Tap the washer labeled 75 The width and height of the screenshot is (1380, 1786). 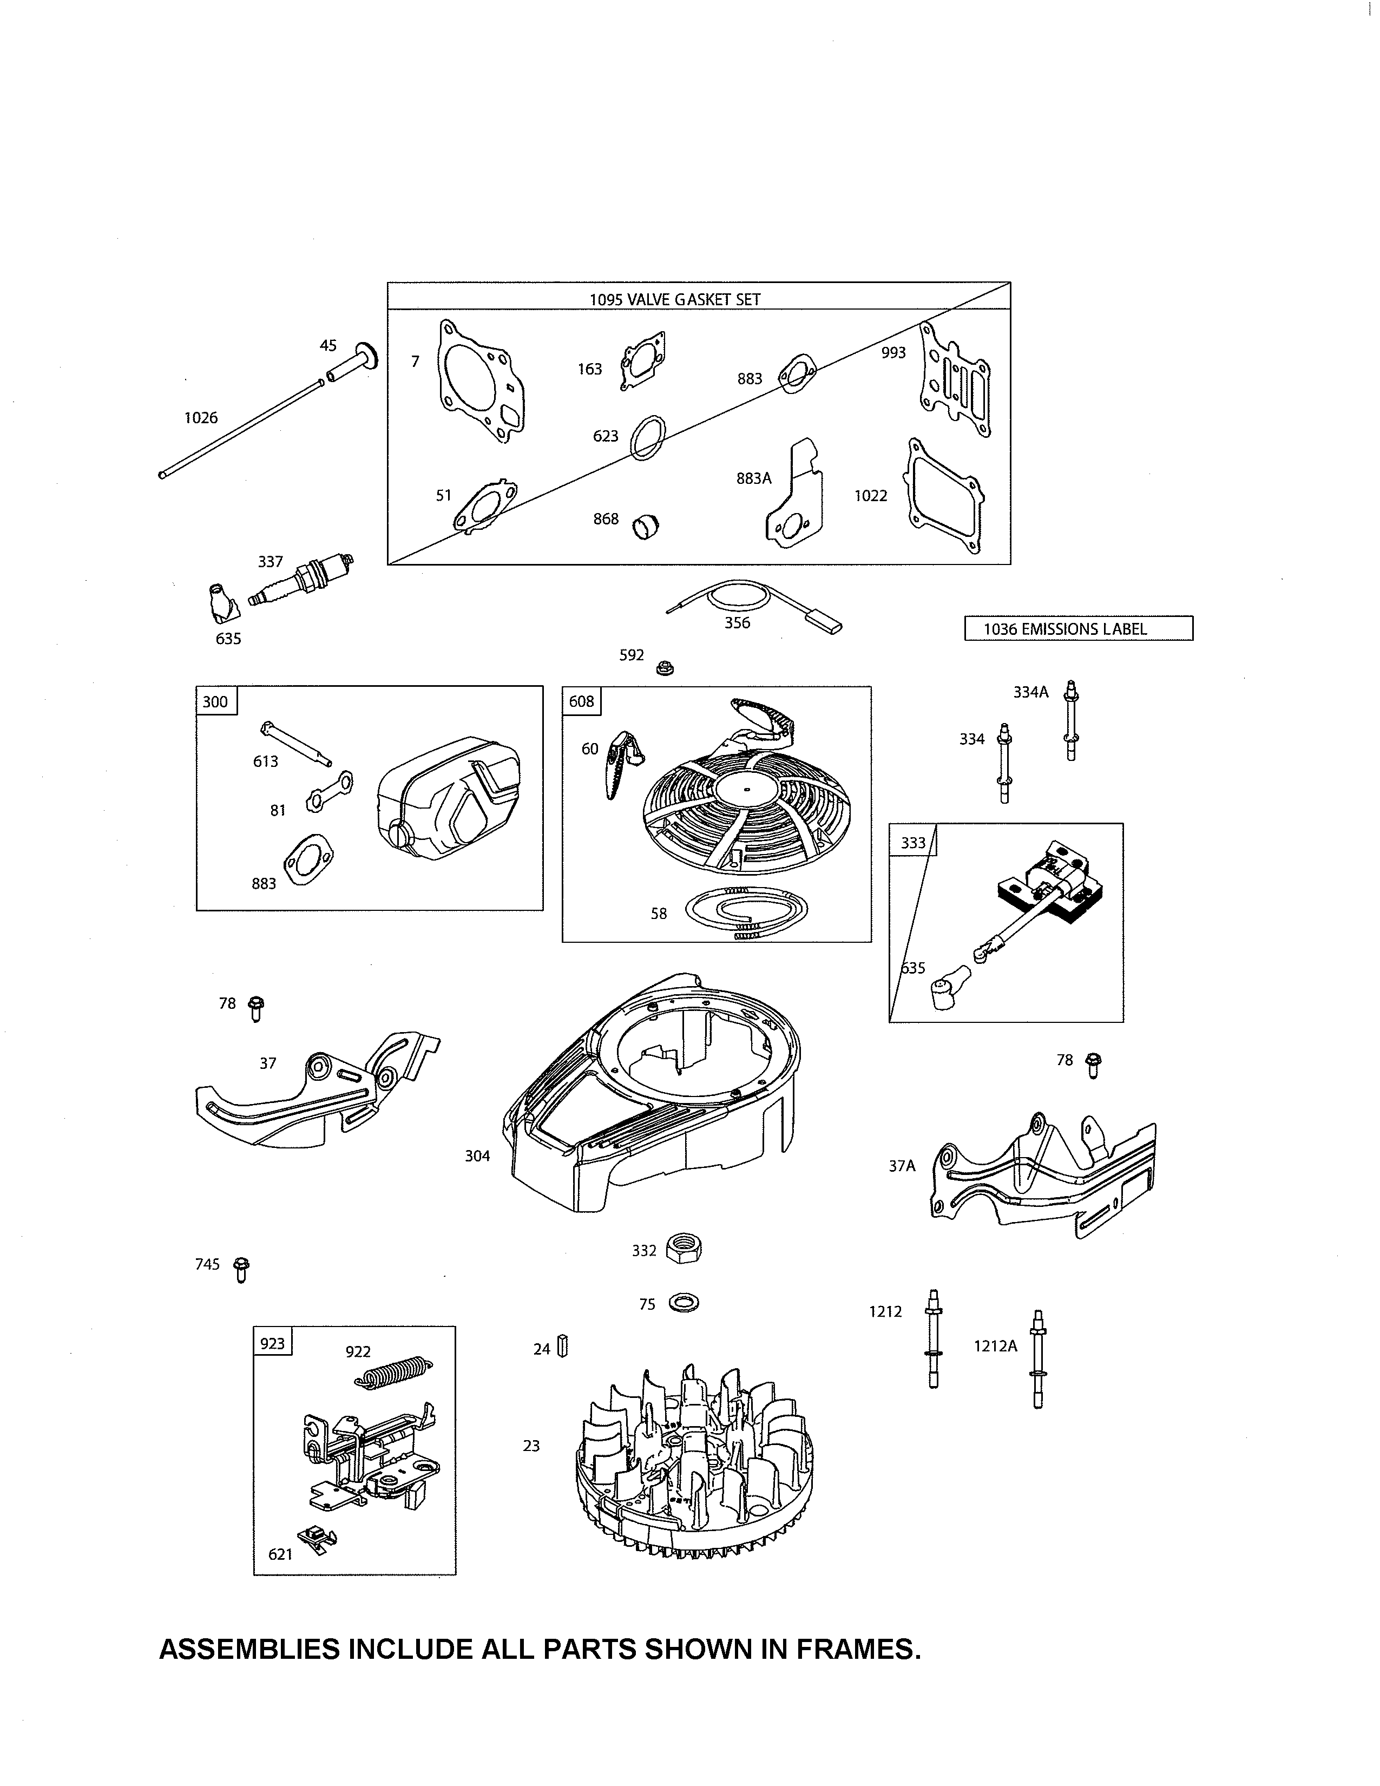pos(684,1303)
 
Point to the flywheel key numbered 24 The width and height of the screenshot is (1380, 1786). pos(562,1347)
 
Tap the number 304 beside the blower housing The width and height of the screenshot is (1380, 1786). pos(477,1155)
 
